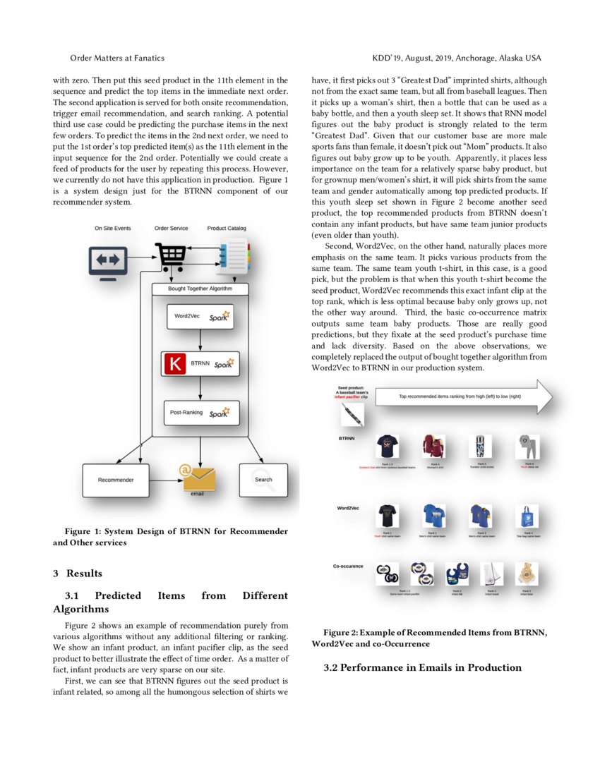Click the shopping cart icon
pos(170,256)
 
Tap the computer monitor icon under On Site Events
pos(108,261)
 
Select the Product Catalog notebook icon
pos(233,257)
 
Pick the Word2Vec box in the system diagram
pos(201,317)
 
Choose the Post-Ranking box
pos(201,413)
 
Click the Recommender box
pos(116,480)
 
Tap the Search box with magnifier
pos(263,480)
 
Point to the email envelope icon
pos(198,478)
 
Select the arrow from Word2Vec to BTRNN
pos(201,340)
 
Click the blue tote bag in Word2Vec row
pos(525,516)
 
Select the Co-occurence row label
pos(349,566)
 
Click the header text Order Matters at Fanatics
pos(117,58)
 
